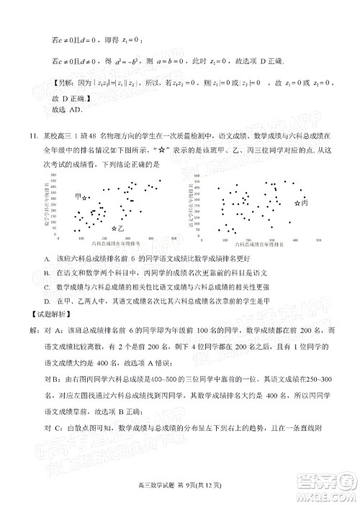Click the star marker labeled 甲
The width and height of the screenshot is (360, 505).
(x=85, y=198)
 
